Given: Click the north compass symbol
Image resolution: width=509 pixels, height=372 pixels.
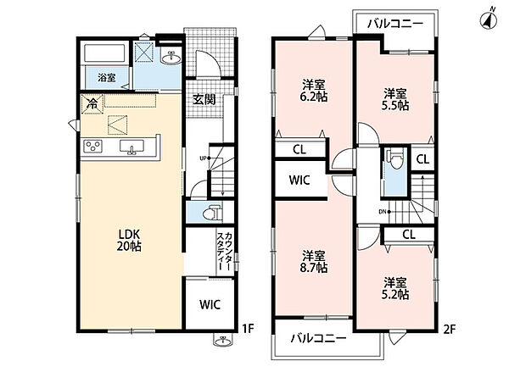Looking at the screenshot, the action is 489,19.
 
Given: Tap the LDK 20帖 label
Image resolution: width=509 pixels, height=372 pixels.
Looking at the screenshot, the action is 129,240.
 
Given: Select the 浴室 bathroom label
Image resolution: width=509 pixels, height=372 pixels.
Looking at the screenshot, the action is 107,78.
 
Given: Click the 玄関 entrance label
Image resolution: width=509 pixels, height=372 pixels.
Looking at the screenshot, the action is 204,100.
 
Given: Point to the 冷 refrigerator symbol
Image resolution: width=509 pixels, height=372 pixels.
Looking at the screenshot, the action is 92,104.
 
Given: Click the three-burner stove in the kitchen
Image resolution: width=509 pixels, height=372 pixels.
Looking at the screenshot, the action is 92,146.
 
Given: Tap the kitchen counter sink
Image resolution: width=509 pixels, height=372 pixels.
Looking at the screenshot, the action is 131,147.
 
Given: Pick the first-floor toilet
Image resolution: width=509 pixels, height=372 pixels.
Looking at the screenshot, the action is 212,213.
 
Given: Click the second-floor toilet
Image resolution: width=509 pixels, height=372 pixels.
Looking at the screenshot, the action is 395,159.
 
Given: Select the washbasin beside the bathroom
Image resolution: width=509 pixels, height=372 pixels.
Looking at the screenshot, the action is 171,58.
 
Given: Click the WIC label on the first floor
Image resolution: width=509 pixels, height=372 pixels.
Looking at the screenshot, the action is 210,304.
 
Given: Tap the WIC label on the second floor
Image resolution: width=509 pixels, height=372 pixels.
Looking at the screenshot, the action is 299,180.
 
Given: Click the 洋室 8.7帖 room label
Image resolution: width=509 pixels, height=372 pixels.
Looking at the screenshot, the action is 314,261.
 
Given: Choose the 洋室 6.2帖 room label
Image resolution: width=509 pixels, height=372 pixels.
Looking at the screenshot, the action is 314,91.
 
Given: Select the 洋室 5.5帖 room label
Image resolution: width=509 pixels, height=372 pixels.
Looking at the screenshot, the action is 395,100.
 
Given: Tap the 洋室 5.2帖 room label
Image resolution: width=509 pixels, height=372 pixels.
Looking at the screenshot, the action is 395,288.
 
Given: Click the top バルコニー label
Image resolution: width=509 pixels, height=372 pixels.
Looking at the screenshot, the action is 395,24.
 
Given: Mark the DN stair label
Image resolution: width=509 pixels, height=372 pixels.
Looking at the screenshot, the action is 382,212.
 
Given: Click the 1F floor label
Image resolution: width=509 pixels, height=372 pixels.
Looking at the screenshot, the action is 248,329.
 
